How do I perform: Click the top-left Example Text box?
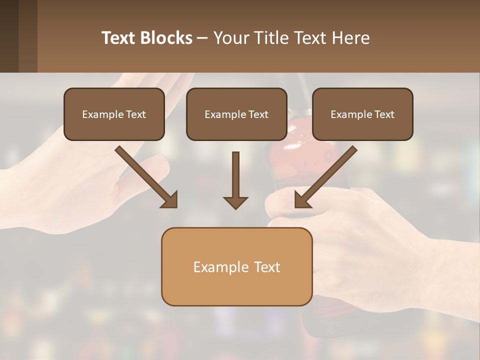point(114,114)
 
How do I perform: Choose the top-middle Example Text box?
point(236,114)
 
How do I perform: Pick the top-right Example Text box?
point(362,114)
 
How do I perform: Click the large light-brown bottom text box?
point(236,266)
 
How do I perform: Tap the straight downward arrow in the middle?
point(235,175)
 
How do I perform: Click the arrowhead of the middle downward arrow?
point(235,202)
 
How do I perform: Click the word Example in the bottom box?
point(214,267)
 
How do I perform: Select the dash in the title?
point(203,38)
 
